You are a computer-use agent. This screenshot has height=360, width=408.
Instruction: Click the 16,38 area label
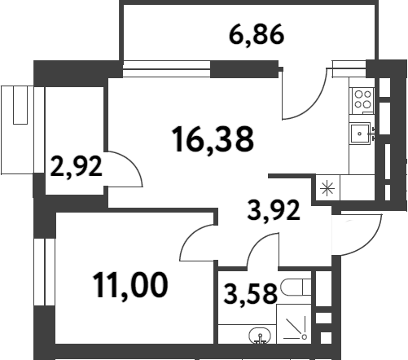click(213, 140)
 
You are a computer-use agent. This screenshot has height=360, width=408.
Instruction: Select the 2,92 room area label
click(76, 167)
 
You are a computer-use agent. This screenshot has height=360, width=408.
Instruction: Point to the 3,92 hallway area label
click(274, 212)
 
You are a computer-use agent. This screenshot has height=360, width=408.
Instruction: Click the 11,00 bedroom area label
click(130, 284)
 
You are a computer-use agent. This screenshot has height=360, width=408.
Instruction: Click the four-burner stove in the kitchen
click(362, 100)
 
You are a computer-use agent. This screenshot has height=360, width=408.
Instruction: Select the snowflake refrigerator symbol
click(327, 190)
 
